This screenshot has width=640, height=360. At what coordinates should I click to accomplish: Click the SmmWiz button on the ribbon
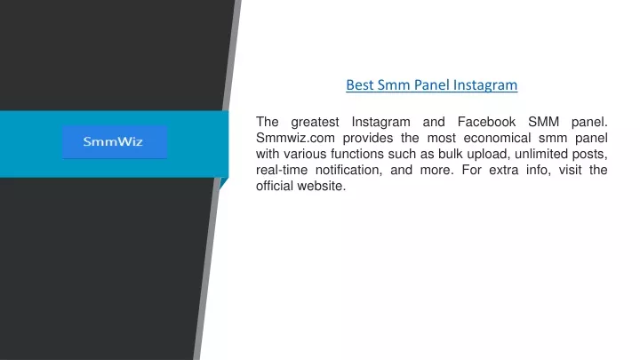tap(115, 141)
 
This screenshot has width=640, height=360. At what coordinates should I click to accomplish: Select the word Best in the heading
tap(360, 85)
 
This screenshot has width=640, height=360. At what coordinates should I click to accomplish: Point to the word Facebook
tap(486, 122)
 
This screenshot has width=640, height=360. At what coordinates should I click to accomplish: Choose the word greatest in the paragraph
tap(315, 123)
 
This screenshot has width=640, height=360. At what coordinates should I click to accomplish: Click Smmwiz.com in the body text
tap(295, 138)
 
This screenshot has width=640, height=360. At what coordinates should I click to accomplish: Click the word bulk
tap(451, 154)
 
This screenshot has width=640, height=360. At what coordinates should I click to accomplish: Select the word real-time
tap(282, 170)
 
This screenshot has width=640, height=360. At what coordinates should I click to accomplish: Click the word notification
tap(348, 170)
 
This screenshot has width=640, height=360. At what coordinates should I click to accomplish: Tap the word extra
tap(504, 170)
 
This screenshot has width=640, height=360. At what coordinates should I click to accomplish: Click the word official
tap(275, 185)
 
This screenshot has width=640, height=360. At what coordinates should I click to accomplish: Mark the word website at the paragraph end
tap(321, 185)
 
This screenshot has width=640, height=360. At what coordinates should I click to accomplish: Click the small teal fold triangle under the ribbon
tap(223, 182)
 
